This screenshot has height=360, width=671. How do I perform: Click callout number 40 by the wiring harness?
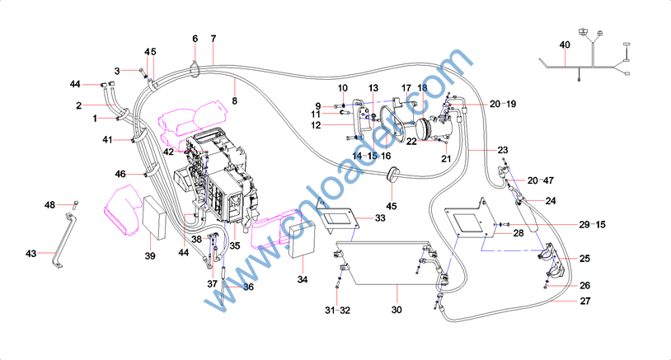coord(565,44)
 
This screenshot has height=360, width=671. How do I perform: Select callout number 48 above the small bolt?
coord(49,203)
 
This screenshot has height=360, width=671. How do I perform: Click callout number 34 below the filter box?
coord(303,280)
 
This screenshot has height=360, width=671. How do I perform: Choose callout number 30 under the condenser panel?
coord(396,311)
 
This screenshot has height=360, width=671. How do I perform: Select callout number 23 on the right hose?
coord(502,149)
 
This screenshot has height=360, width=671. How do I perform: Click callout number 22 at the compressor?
coord(411,141)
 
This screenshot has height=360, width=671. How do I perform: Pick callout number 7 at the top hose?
coord(213,39)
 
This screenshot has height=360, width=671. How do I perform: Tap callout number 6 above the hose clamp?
coord(195,39)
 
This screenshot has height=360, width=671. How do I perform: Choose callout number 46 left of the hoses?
coord(120,174)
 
